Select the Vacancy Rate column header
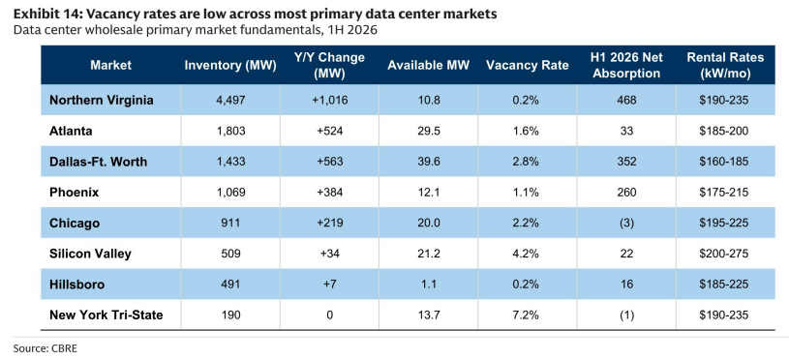coord(527,66)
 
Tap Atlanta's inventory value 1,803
coord(230,132)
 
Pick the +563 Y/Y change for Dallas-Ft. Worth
coord(329,162)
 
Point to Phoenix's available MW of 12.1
coord(428,193)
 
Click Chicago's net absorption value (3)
coord(626,224)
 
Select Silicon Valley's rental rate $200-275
coord(724,254)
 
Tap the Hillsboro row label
coord(77,285)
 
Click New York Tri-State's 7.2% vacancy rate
coord(527,315)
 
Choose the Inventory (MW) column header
coord(230,66)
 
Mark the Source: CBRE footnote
coord(46,348)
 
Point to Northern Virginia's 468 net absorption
coord(626,100)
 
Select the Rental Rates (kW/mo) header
coord(725,66)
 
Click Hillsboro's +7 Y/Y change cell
coord(329,285)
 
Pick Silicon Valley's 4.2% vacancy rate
coord(527,254)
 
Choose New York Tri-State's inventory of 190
coord(230,315)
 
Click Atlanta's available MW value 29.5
coord(428,132)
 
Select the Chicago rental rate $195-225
coord(724,224)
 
